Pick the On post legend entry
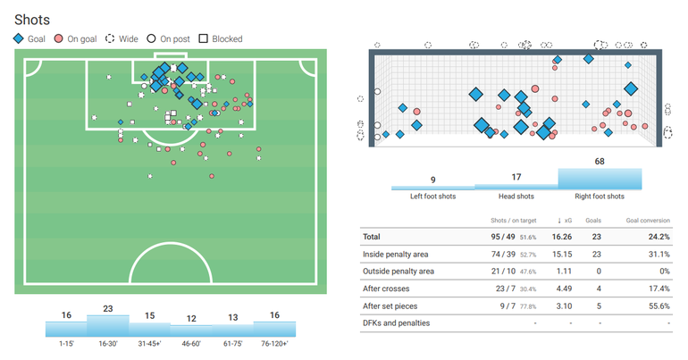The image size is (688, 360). (170, 39)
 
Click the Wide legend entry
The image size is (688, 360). (123, 39)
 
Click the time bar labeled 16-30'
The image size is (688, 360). (107, 326)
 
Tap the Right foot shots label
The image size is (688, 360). (599, 197)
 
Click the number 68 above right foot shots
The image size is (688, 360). (599, 162)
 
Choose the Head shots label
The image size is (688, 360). (516, 197)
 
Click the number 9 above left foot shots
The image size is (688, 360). (432, 180)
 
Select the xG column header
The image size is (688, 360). (566, 221)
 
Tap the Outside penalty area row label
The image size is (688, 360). (399, 272)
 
